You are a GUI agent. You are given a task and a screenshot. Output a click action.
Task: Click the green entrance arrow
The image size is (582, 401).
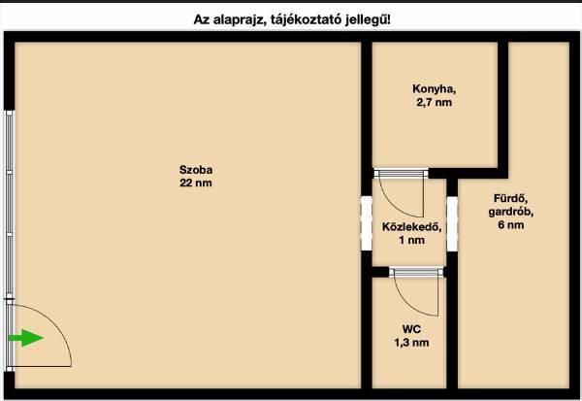click(x=26, y=338)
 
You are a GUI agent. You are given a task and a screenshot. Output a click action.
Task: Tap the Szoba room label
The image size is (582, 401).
click(x=196, y=170)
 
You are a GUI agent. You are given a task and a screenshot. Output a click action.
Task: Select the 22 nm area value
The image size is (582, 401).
click(x=196, y=183)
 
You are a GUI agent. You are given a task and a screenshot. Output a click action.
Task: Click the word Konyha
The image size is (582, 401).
click(x=434, y=89)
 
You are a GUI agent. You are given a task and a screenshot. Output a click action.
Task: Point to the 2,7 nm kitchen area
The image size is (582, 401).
click(x=434, y=103)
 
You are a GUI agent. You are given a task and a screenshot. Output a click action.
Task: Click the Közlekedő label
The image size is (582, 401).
click(x=411, y=226)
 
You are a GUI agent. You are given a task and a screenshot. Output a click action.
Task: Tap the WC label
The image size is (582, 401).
click(x=411, y=329)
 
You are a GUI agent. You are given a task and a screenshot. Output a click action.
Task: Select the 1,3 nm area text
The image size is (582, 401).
click(x=411, y=343)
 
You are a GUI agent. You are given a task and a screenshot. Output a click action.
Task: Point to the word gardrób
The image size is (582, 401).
click(x=511, y=212)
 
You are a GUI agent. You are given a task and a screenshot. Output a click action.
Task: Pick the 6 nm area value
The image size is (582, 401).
click(x=511, y=225)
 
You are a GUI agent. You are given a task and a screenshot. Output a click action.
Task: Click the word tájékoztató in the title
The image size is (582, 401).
click(x=306, y=19)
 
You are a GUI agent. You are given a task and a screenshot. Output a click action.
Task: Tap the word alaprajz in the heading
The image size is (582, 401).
click(x=239, y=19)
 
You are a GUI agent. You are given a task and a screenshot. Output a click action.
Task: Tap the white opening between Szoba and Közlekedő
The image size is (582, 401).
click(x=367, y=223)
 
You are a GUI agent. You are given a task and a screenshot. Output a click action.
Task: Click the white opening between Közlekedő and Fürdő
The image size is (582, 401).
click(x=452, y=223)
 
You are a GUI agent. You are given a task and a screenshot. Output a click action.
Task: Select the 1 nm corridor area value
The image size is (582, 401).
click(x=411, y=240)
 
